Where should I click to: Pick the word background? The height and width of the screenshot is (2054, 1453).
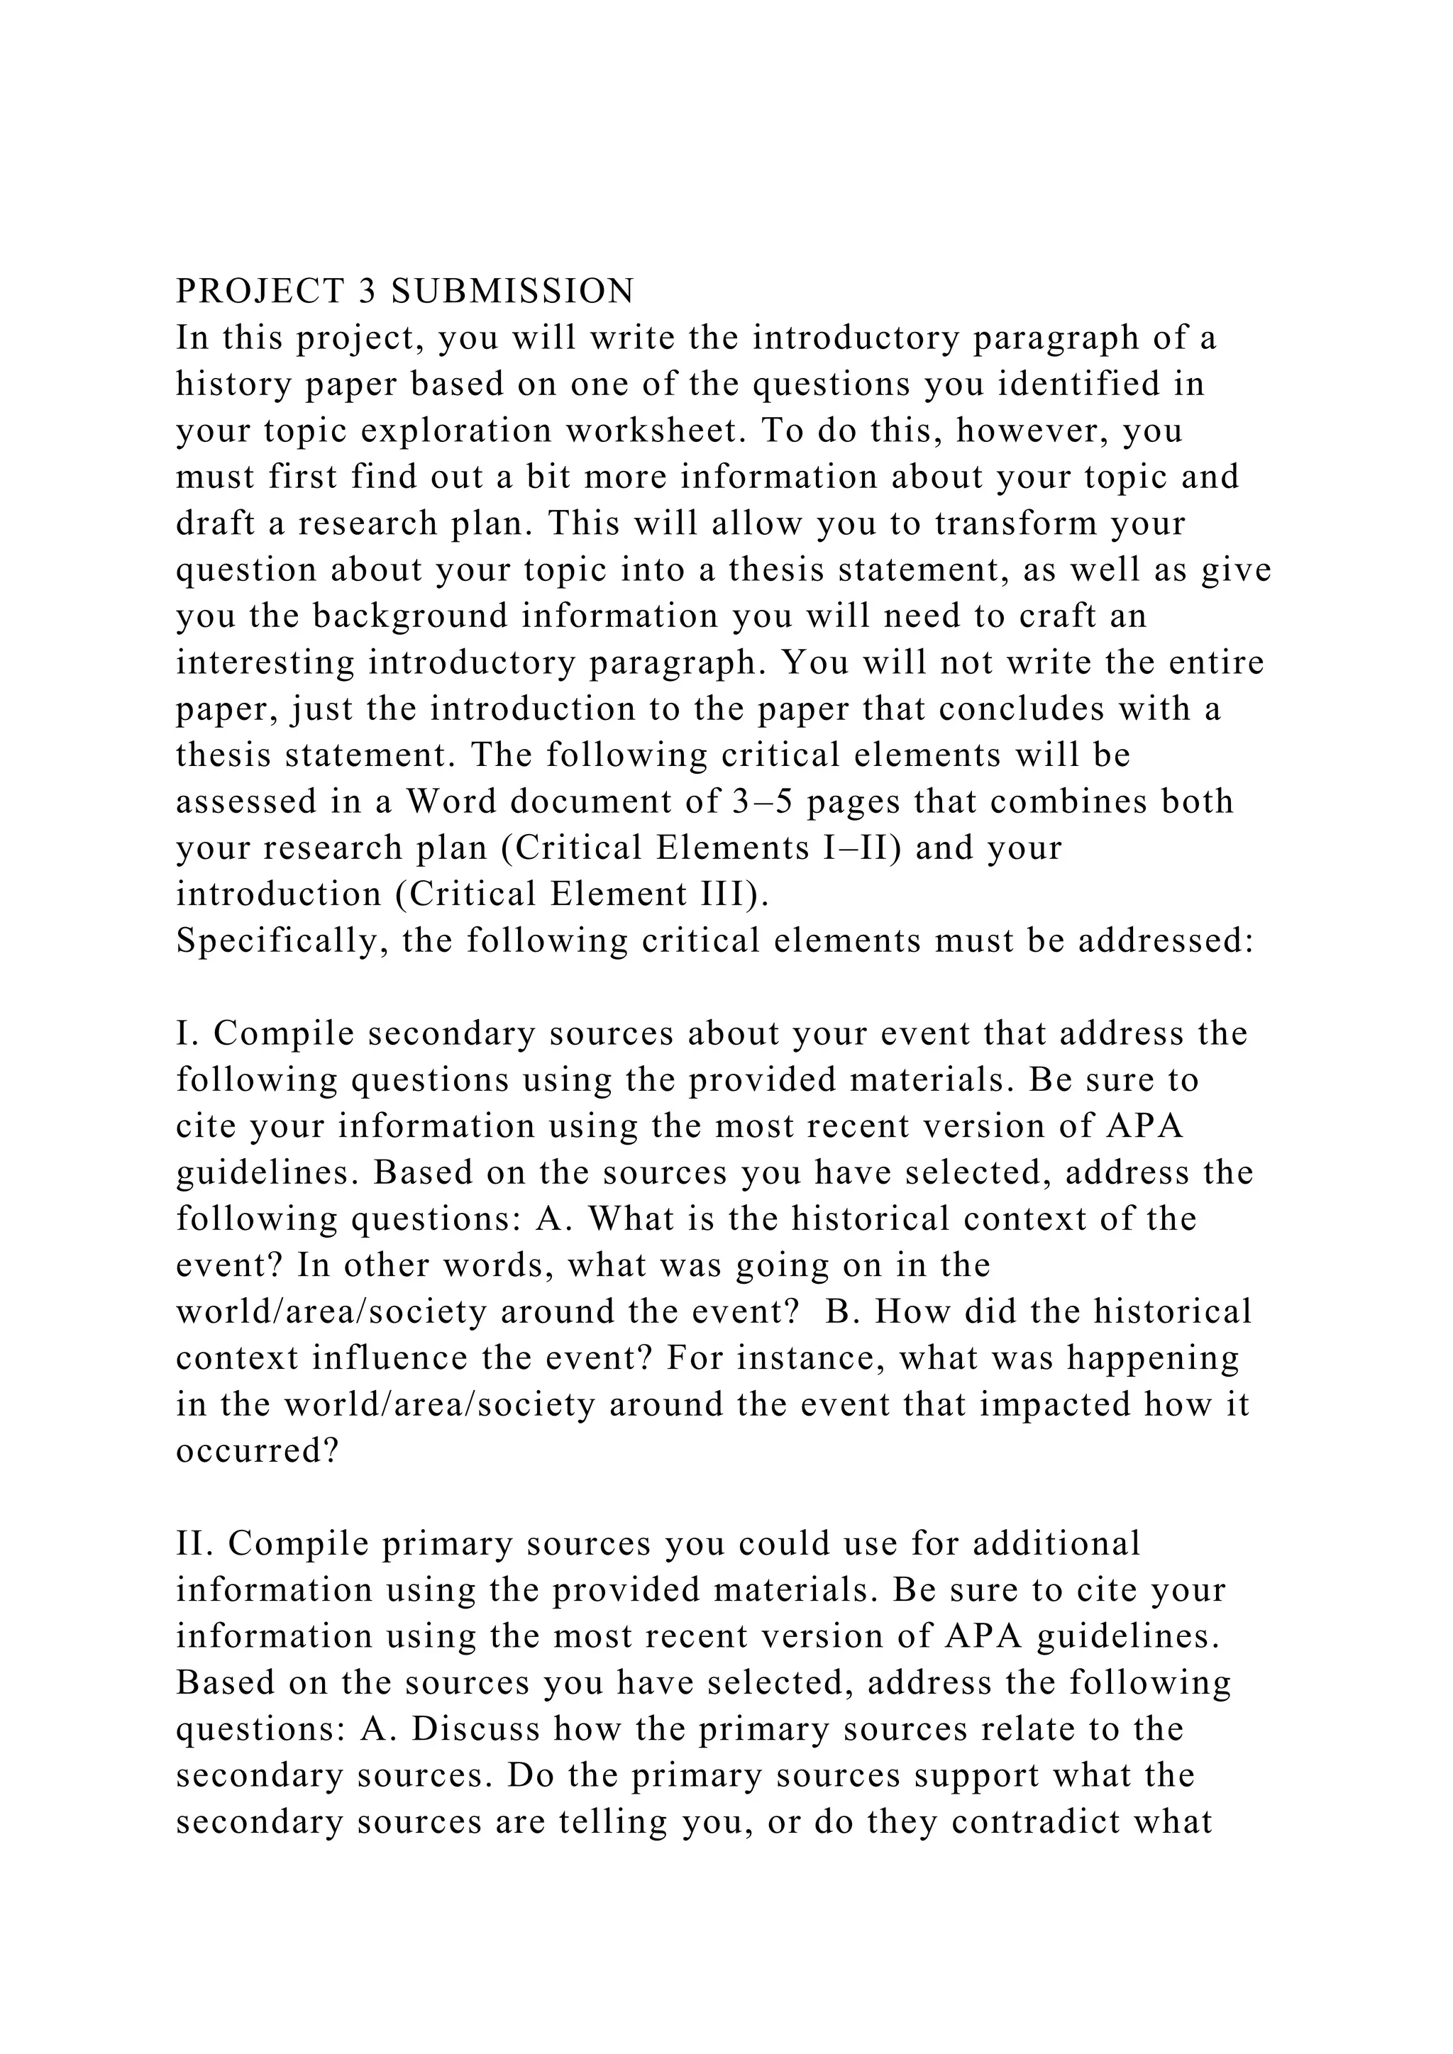[410, 616]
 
